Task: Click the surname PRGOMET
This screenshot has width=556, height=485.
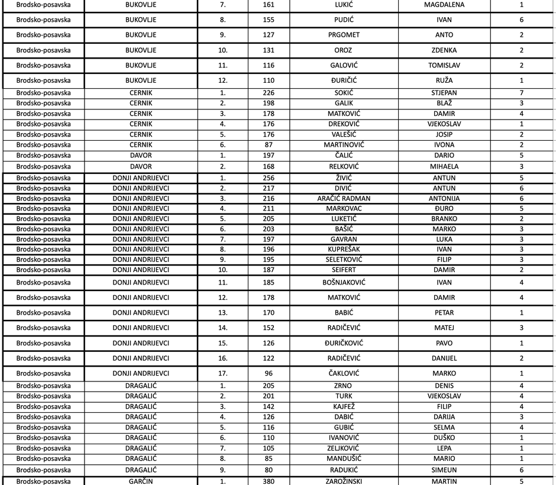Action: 344,35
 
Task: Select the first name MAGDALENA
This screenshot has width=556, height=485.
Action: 444,5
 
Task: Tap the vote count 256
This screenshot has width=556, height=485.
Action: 269,177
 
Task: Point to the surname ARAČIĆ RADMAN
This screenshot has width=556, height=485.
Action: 344,199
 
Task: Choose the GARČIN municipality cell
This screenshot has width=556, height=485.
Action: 141,481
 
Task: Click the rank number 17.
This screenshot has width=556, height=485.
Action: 223,373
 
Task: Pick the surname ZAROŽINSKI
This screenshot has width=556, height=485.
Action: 344,481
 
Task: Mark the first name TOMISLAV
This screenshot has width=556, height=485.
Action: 444,65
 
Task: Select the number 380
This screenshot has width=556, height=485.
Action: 269,481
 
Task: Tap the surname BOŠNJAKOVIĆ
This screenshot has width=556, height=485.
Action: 344,283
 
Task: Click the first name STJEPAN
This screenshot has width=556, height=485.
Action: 444,93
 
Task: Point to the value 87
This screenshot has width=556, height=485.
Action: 269,145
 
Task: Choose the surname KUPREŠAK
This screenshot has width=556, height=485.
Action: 344,249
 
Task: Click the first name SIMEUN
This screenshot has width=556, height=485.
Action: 444,470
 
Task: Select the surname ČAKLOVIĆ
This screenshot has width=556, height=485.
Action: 344,373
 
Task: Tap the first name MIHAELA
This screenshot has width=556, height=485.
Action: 444,166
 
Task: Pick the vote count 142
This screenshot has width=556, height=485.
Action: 269,407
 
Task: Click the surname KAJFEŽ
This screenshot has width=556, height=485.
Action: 344,407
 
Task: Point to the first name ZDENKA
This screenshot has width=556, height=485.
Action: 444,50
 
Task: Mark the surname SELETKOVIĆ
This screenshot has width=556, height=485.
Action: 344,260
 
